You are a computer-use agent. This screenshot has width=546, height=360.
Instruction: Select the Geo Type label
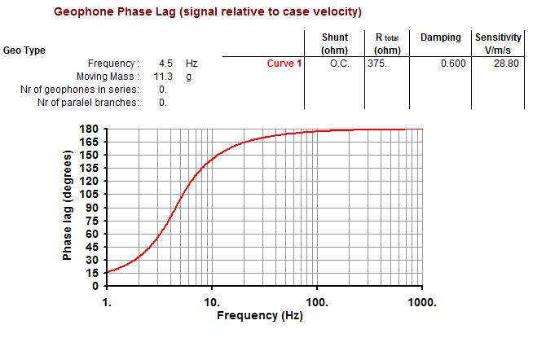coord(24,50)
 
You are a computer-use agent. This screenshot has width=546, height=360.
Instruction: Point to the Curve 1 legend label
coord(284,64)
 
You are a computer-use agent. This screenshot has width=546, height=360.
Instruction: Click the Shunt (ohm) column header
coord(334,44)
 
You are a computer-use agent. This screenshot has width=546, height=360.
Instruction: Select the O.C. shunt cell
coord(338,64)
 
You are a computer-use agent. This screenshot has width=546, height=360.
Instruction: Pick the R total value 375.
coord(376,64)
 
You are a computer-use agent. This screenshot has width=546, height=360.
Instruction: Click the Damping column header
coord(440,37)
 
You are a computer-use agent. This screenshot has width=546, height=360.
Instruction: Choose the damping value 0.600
coord(452,64)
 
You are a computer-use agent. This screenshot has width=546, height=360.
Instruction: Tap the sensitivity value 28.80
coord(506,64)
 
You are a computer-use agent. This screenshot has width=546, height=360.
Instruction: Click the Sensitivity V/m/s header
coord(498,44)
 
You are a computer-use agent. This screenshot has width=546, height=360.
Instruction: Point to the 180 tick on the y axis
coord(90,129)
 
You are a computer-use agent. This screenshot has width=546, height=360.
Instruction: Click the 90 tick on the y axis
coord(93,208)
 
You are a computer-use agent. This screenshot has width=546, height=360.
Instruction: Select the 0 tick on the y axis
coord(96,286)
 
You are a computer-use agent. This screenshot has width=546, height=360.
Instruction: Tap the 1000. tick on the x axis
coord(422,301)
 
